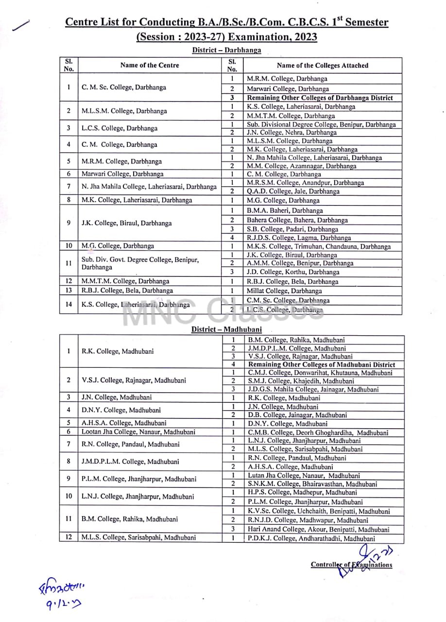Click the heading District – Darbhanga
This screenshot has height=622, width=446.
tap(226, 50)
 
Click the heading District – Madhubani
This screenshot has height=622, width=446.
tap(226, 329)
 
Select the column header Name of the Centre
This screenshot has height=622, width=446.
tap(150, 65)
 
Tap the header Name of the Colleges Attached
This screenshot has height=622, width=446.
tap(322, 65)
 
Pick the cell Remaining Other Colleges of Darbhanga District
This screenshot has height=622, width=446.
tap(320, 98)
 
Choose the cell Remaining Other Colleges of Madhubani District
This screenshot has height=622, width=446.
tap(321, 364)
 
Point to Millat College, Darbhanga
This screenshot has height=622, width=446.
tap(284, 291)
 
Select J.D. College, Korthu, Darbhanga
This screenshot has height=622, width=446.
tap(293, 272)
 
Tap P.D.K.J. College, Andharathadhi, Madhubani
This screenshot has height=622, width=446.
tap(311, 538)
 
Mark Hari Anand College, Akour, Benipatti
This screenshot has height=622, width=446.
tap(318, 529)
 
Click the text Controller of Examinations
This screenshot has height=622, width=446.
tap(351, 565)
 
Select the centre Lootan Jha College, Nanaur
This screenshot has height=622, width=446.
tap(138, 432)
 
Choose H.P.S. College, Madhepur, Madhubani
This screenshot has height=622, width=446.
tap(302, 492)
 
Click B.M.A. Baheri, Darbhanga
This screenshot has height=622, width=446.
tap(285, 210)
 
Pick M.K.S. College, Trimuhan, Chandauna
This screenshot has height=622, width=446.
tap(319, 246)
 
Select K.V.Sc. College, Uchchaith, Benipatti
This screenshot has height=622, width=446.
tap(319, 511)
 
